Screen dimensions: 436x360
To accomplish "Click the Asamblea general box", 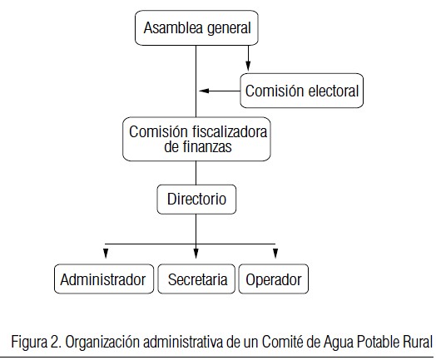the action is pyautogui.click(x=196, y=27).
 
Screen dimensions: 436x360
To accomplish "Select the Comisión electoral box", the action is pyautogui.click(x=302, y=91).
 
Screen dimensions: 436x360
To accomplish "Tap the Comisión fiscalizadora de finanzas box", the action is pyautogui.click(x=196, y=139).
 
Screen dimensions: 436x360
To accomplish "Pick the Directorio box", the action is pyautogui.click(x=196, y=200).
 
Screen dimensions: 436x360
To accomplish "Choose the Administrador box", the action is pyautogui.click(x=104, y=279).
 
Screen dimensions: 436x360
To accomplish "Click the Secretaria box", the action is pyautogui.click(x=196, y=279).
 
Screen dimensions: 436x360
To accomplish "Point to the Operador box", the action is pyautogui.click(x=274, y=279).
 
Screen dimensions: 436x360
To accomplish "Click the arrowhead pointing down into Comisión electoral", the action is pyautogui.click(x=248, y=66).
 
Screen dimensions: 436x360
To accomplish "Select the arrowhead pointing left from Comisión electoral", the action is pyautogui.click(x=204, y=91).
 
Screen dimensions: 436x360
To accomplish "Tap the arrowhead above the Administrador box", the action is pyautogui.click(x=106, y=254).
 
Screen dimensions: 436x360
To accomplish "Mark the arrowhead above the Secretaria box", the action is pyautogui.click(x=196, y=254).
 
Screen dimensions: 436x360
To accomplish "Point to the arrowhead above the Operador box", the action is pyautogui.click(x=275, y=254).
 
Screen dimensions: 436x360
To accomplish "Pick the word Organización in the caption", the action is pyautogui.click(x=103, y=343).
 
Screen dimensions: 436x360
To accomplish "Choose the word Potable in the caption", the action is pyautogui.click(x=376, y=342).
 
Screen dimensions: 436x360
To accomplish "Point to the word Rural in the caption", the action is pyautogui.click(x=415, y=342).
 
